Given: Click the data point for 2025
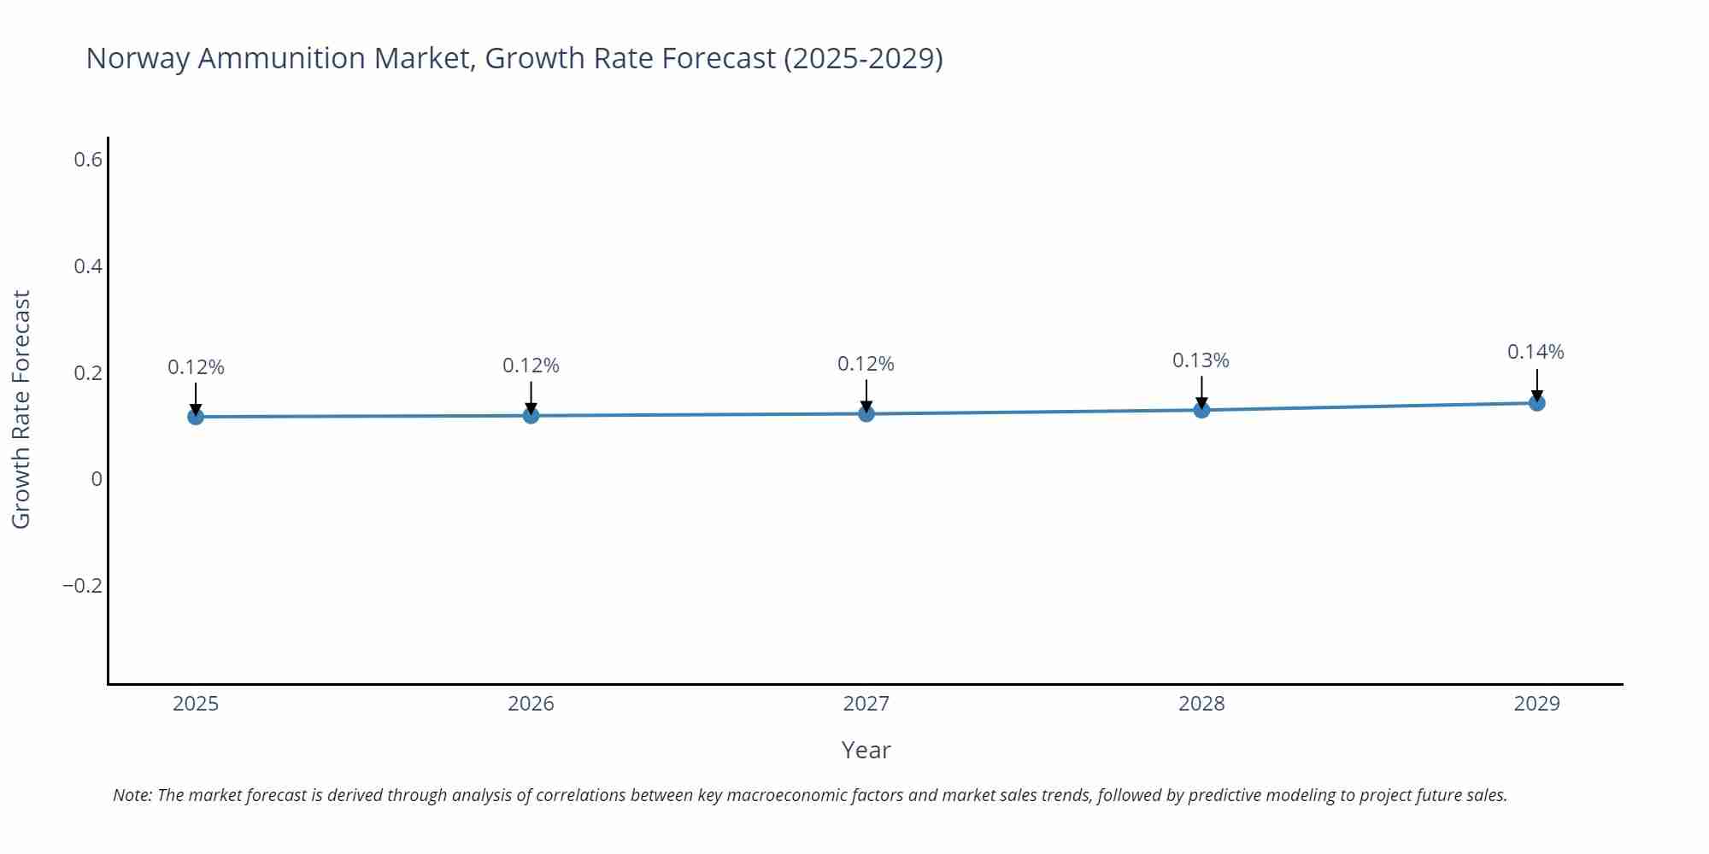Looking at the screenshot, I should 196,417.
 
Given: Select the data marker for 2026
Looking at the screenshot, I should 531,416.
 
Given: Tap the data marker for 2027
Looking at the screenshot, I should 866,414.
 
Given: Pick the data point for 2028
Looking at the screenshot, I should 1201,410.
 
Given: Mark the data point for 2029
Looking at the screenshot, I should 1536,403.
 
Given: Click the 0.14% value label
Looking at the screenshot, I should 1536,352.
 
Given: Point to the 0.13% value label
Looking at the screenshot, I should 1201,360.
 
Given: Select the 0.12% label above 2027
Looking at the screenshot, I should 866,364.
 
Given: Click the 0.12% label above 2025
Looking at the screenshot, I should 196,367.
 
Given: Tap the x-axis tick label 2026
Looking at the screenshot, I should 531,704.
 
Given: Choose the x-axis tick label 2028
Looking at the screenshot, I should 1201,704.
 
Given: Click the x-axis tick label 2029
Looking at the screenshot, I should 1536,704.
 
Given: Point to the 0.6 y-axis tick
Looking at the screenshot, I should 88,160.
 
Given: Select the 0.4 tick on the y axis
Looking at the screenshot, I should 88,266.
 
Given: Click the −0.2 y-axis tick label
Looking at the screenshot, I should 82,586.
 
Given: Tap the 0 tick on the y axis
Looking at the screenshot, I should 97,479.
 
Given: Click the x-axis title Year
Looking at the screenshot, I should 866,750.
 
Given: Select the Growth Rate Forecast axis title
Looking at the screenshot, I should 21,409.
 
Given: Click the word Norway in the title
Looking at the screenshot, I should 138,58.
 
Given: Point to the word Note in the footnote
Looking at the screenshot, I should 132,795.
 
